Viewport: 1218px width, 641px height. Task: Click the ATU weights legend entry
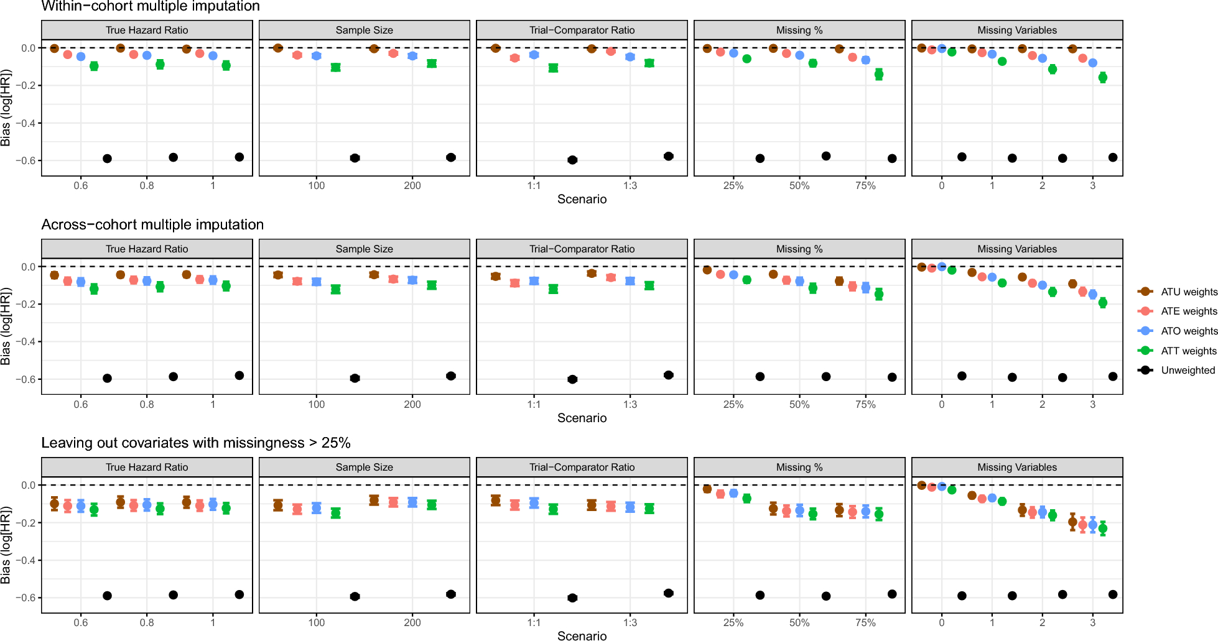click(x=1189, y=292)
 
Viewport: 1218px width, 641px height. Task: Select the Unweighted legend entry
click(x=1188, y=370)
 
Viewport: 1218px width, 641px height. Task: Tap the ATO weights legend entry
click(x=1189, y=331)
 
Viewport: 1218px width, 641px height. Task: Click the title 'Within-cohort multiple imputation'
click(x=151, y=6)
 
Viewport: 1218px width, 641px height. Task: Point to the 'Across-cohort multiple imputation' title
click(x=152, y=224)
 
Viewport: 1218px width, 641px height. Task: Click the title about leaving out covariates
click(x=196, y=443)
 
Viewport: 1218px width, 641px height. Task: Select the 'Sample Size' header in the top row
click(x=364, y=30)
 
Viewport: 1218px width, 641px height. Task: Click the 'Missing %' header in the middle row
click(x=799, y=249)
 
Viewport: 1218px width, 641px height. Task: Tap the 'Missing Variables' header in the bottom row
click(x=1016, y=467)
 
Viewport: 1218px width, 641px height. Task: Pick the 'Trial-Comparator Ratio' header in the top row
click(x=582, y=30)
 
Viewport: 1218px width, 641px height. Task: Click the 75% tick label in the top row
click(x=865, y=186)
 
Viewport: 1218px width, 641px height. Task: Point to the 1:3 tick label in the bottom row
click(x=630, y=622)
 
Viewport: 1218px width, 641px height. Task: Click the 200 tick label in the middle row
click(x=412, y=404)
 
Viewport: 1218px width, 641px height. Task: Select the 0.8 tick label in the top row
click(x=147, y=186)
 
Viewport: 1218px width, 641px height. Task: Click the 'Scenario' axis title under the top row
click(x=582, y=199)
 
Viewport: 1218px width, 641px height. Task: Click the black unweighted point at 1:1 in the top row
click(x=572, y=160)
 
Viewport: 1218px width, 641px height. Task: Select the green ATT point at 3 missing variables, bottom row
click(x=1103, y=528)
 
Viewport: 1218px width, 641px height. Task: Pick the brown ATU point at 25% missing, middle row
click(x=707, y=270)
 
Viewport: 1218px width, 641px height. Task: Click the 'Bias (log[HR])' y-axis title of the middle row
click(x=6, y=326)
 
